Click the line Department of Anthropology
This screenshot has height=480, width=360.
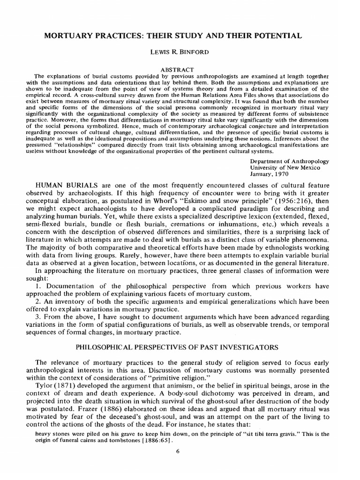(x=290, y=161)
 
